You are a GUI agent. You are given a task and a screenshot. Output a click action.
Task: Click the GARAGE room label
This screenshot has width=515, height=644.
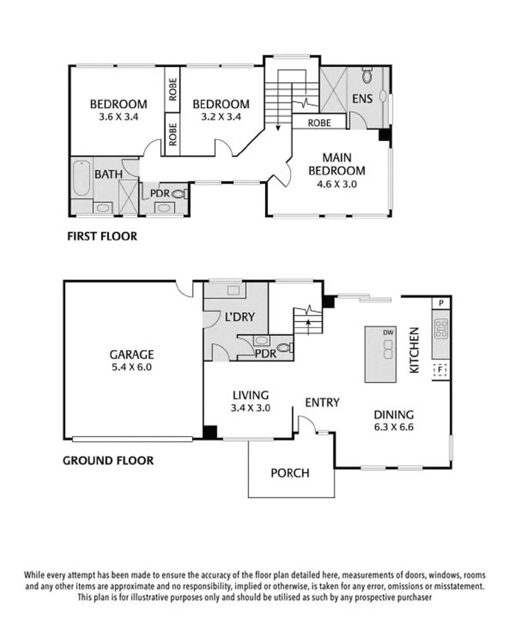point(132,355)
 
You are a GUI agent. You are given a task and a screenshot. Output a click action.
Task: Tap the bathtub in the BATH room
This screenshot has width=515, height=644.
point(81,178)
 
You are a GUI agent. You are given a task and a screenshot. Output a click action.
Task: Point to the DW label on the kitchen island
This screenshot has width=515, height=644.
point(388,332)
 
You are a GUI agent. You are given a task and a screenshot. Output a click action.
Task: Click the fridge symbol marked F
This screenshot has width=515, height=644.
point(440,369)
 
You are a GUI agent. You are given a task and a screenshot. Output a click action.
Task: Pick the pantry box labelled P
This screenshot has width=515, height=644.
point(441,303)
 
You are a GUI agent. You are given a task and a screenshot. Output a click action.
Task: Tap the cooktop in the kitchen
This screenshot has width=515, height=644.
point(441,328)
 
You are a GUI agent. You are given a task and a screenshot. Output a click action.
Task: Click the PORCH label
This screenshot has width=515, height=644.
point(290,473)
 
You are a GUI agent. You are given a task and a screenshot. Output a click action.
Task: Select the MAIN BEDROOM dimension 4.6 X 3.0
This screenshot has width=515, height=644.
point(337,184)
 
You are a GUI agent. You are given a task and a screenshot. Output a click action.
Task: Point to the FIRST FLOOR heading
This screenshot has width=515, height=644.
point(102,236)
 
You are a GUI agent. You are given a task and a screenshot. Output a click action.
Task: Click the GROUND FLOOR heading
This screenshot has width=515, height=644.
point(108,460)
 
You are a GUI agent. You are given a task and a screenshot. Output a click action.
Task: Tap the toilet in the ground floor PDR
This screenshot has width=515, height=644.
point(284,348)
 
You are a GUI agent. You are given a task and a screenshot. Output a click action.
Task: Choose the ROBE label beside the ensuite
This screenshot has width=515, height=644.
point(319,123)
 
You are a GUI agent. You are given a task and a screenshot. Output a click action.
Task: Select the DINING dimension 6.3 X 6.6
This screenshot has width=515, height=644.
point(394,427)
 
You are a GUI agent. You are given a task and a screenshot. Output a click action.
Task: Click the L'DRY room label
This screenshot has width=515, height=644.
point(240,317)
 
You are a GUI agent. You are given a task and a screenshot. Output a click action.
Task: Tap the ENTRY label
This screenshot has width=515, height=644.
point(322,402)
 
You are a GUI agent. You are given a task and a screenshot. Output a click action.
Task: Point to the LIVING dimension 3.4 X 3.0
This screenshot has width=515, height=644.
point(251,408)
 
